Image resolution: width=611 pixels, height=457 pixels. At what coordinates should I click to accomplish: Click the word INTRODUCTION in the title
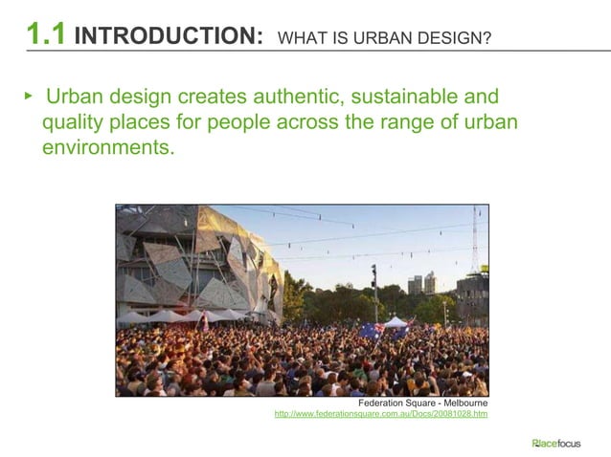pos(169,36)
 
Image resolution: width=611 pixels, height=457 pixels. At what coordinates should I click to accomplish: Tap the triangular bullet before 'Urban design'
pos(29,97)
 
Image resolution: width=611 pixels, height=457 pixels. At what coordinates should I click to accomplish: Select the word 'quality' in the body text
pos(73,123)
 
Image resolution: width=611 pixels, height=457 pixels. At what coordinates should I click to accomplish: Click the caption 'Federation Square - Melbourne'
pos(422,403)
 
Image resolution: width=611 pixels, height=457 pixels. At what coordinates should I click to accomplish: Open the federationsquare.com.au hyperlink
pos(381,414)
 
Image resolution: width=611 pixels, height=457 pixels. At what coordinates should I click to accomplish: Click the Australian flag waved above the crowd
pos(372,331)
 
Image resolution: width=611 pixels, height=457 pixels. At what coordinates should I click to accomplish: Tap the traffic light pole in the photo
pos(373,292)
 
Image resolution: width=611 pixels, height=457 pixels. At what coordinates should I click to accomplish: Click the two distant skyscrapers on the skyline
pos(422,283)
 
